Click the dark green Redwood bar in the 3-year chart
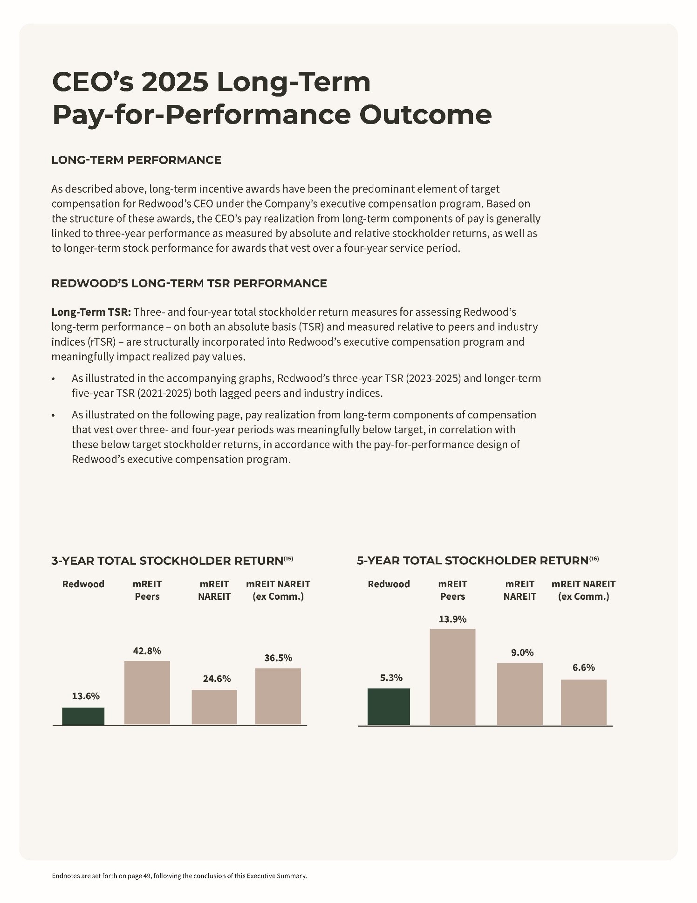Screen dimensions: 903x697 click(83, 716)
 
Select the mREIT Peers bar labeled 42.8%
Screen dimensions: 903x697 click(147, 693)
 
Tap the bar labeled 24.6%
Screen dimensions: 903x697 click(214, 707)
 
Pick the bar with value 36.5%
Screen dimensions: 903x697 click(278, 696)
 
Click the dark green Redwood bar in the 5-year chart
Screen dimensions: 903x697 click(389, 707)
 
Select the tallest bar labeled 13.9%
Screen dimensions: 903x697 click(452, 677)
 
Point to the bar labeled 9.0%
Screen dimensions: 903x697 click(519, 694)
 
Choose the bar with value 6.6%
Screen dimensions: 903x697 click(583, 702)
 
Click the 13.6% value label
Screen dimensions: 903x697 click(86, 696)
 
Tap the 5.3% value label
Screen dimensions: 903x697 click(391, 678)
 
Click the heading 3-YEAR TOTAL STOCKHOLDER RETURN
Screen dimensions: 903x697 click(167, 561)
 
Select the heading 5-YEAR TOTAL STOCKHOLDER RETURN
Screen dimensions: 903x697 click(472, 561)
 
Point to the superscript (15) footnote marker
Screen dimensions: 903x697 click(288, 558)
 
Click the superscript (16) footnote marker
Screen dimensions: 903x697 click(594, 558)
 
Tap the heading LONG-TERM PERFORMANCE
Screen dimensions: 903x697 click(136, 160)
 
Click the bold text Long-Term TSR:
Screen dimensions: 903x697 click(91, 312)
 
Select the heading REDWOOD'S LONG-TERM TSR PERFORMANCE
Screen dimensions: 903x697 click(189, 284)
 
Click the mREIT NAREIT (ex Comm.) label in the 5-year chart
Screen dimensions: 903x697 click(583, 590)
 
